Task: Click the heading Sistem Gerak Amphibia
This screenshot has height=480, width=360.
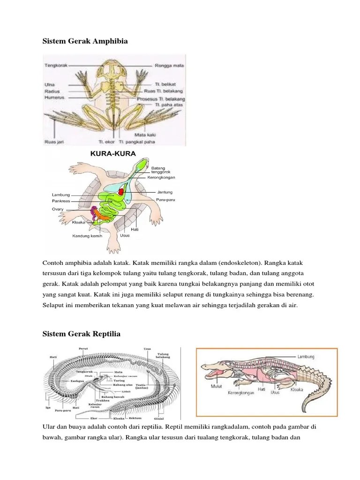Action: [x=85, y=41]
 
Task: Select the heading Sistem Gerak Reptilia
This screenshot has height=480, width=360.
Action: [x=82, y=334]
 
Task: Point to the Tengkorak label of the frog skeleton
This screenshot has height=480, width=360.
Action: [x=57, y=65]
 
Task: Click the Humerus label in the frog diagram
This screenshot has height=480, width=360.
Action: [x=55, y=97]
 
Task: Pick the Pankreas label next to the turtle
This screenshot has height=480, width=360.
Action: [x=61, y=201]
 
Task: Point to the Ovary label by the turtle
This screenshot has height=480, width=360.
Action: [x=58, y=209]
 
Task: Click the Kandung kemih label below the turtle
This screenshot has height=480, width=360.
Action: [x=87, y=236]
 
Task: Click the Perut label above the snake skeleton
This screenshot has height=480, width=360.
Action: [x=83, y=348]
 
